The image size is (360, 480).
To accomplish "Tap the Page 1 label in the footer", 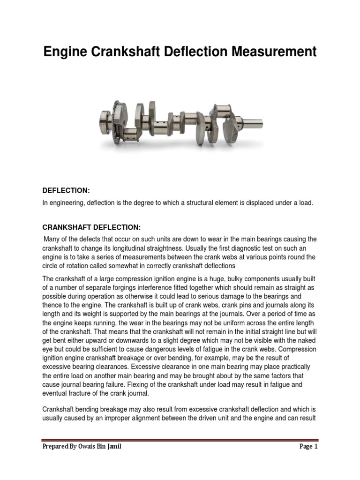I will (x=308, y=447).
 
